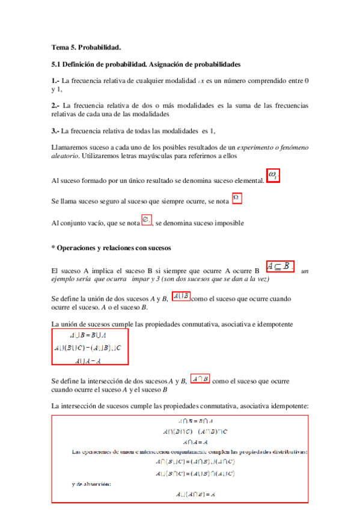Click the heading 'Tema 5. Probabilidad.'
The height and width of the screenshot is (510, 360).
tap(87, 47)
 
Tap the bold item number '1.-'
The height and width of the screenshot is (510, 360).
tap(55, 81)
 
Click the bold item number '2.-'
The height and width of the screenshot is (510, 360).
tap(55, 105)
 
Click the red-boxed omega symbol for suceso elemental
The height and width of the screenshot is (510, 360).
tap(273, 177)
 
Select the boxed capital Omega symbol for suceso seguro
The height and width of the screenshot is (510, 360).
tap(237, 197)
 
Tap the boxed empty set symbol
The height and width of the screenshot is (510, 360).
tap(146, 221)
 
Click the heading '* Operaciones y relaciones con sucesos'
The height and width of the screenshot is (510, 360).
tap(112, 248)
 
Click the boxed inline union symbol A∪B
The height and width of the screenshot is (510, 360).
tap(181, 296)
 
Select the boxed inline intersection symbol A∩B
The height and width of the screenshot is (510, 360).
tap(200, 379)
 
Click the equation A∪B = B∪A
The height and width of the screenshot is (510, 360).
tap(88, 336)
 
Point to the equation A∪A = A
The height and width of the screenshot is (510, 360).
tap(88, 361)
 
